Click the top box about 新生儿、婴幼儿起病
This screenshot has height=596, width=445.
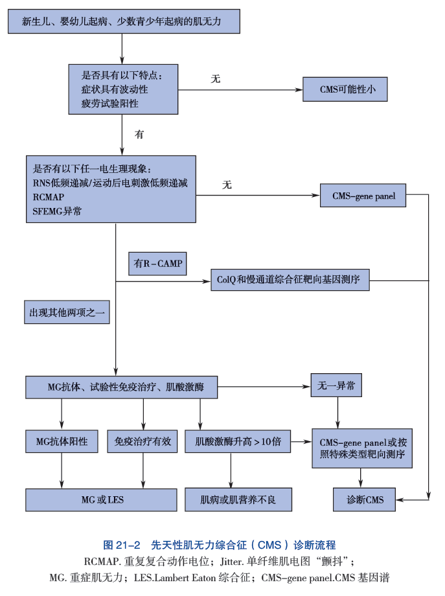coord(124,22)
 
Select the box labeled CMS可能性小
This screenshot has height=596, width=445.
coord(345,89)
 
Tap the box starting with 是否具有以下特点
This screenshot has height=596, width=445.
coord(122,89)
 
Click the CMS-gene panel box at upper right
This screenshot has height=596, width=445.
coord(363,196)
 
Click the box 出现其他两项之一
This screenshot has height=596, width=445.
coord(67,313)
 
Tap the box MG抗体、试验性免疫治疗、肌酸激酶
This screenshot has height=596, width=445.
coord(121,387)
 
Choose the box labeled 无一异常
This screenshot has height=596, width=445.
coord(336,385)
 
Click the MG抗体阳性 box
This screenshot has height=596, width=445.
coord(62,441)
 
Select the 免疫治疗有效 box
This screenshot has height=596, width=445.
coord(143,441)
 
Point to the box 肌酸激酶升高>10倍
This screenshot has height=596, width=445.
coord(238,441)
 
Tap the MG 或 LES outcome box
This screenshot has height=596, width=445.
coord(102,499)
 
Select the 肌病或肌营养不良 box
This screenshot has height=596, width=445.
coord(238,499)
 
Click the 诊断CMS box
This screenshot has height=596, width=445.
coord(363,499)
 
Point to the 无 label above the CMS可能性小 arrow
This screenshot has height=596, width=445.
coord(216,79)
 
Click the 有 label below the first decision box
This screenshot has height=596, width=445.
coord(139,135)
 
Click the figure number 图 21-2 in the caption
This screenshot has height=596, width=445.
coord(122,545)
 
